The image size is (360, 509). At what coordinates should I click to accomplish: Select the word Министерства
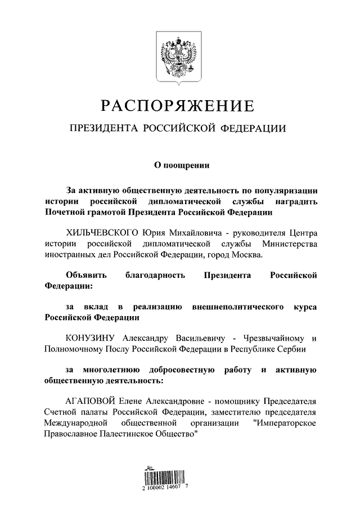(x=289, y=244)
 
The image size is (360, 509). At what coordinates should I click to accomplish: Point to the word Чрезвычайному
(x=272, y=339)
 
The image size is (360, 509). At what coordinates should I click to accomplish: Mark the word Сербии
(x=289, y=349)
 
